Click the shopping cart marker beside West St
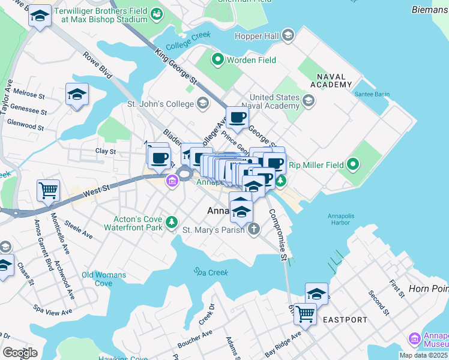point(48,191)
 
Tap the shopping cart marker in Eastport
point(306,313)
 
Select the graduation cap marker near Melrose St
point(77,95)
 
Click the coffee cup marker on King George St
point(237,117)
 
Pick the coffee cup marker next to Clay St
point(159,158)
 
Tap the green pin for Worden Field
point(217,60)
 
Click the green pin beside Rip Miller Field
point(353,164)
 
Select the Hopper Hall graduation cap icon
point(289,37)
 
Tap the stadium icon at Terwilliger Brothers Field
point(157,13)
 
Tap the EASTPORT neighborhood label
point(345,320)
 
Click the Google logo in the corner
point(20,352)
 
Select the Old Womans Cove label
point(104,279)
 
